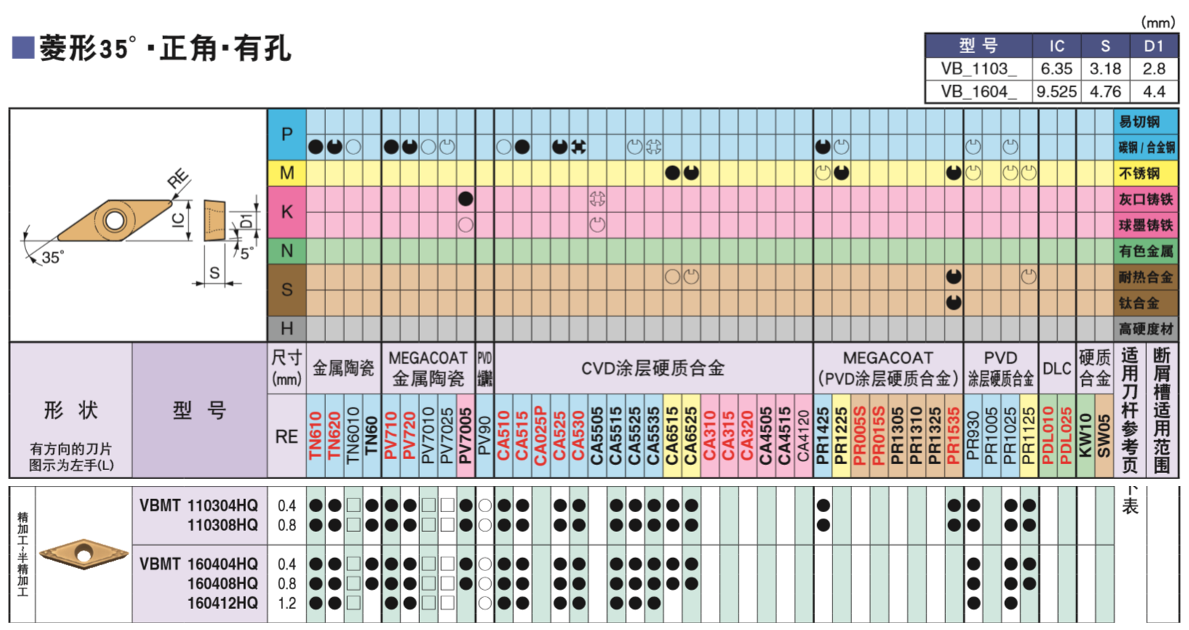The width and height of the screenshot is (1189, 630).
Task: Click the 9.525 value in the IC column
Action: point(1057,92)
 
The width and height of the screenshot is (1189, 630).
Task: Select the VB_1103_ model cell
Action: point(977,69)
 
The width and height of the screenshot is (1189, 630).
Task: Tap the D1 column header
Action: point(1153,46)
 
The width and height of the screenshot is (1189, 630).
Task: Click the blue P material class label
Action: point(287,135)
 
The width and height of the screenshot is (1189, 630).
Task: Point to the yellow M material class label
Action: point(287,173)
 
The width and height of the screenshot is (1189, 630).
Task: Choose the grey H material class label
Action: point(287,328)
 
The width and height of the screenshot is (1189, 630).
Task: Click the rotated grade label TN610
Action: point(316,436)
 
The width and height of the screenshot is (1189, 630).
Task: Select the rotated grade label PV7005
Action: point(466,436)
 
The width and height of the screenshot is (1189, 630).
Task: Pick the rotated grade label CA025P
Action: point(541,436)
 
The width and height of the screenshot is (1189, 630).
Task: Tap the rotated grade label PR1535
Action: point(953,436)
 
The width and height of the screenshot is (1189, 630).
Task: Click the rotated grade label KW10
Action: point(1085,436)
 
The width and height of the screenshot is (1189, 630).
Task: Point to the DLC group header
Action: point(1057,368)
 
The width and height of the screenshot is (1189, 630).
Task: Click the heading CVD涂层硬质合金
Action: point(653,368)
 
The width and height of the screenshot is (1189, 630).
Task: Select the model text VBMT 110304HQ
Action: point(199,506)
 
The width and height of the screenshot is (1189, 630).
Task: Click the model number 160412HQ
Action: point(223,603)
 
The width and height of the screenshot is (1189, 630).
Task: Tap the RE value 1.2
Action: point(287,603)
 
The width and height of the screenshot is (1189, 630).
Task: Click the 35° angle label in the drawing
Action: point(52,258)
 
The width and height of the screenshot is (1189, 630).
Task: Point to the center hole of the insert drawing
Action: point(114,220)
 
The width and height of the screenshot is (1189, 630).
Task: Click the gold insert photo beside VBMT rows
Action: point(84,554)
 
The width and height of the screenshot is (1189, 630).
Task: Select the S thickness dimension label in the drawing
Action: point(214,273)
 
